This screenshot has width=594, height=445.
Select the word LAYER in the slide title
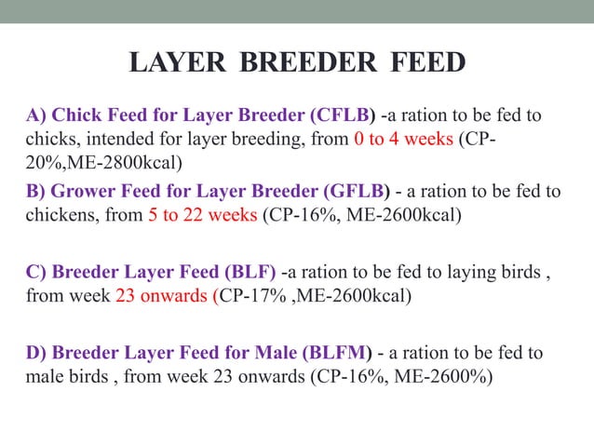click(176, 63)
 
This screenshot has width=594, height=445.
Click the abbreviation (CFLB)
click(342, 116)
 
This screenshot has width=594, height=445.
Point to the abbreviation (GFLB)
click(358, 192)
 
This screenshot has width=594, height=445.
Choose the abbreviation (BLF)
click(246, 274)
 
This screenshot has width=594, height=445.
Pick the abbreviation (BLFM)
click(336, 353)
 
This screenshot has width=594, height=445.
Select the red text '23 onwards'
click(164, 296)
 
